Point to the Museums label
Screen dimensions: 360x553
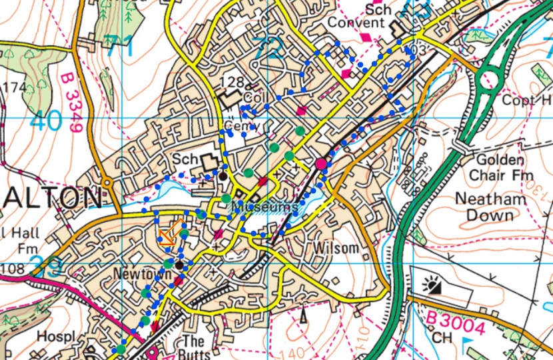tap(265, 207)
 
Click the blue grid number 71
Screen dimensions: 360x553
tap(119, 47)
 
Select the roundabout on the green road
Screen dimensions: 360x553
tap(490, 79)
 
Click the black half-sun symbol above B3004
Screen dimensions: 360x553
tap(432, 287)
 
